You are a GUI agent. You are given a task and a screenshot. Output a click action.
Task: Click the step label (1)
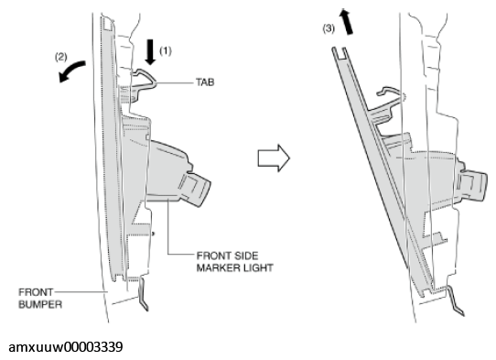tap(166, 50)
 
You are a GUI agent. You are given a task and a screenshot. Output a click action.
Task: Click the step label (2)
tap(61, 57)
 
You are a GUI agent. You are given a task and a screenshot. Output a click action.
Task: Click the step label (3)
tap(329, 28)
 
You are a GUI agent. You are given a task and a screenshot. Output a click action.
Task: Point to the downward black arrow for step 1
tap(150, 52)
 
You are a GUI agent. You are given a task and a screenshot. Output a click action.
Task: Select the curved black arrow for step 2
tap(71, 71)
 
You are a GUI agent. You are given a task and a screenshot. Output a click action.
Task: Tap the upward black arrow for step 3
tap(346, 21)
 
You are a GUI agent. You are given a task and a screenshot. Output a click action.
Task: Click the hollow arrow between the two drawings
tap(274, 158)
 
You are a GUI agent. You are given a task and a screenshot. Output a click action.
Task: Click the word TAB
tap(205, 82)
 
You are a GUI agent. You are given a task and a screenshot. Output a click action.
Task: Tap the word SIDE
tap(246, 256)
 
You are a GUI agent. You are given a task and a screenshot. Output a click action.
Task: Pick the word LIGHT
tap(258, 267)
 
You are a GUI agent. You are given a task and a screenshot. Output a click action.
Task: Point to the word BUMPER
tap(40, 304)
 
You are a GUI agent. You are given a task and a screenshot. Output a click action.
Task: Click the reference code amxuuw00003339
tap(66, 347)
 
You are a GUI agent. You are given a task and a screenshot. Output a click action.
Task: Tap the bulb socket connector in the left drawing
tap(194, 189)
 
